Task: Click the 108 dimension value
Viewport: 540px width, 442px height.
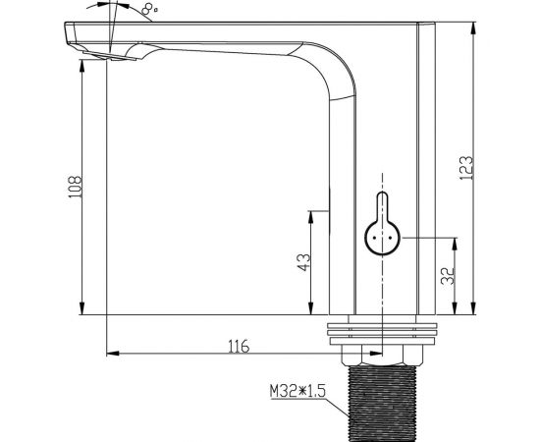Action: (x=75, y=187)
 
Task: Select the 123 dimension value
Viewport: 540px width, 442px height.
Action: (x=466, y=168)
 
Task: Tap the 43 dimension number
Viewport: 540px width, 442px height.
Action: (x=303, y=262)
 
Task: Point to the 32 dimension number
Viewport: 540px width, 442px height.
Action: (x=448, y=276)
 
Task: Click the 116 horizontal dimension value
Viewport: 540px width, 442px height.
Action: (x=239, y=346)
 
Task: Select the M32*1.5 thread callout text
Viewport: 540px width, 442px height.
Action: (x=297, y=391)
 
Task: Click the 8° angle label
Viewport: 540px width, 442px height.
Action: (x=149, y=8)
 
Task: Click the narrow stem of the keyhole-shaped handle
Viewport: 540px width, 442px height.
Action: (x=382, y=206)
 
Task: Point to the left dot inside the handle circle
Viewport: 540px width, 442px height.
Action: (x=374, y=238)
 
